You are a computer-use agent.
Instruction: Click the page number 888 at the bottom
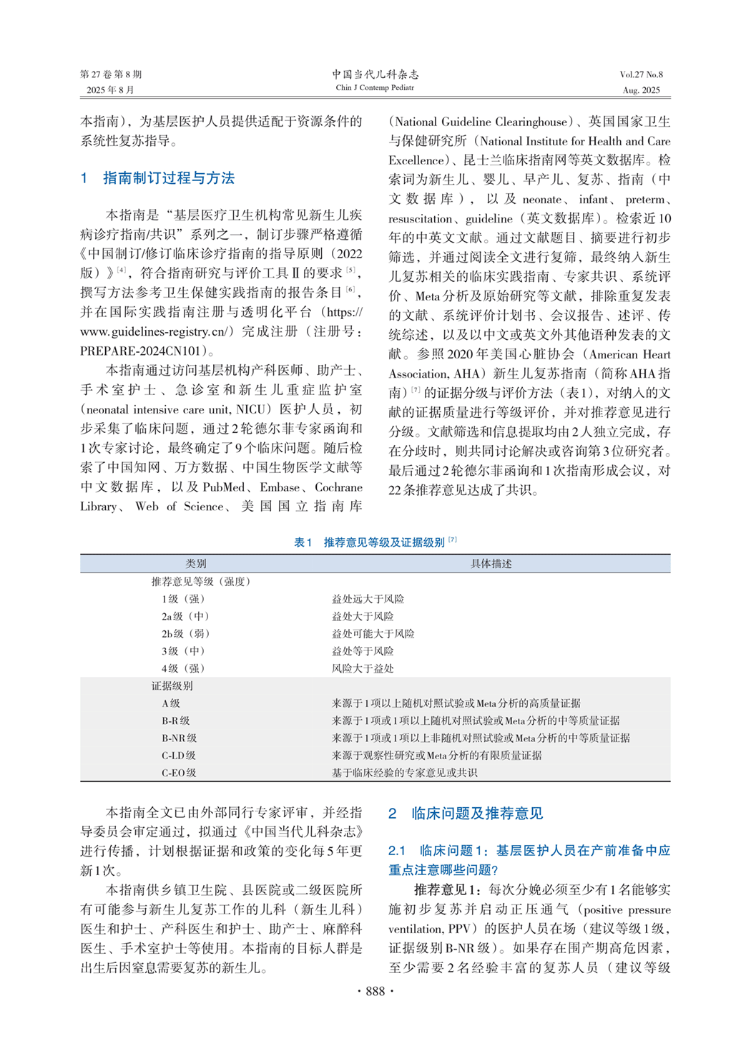coord(375,991)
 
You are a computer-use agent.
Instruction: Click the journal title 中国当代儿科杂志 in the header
coord(375,74)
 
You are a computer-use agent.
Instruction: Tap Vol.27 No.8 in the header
coord(641,74)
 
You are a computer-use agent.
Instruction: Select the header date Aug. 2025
coord(642,90)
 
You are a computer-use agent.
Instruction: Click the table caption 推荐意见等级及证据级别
coord(384,542)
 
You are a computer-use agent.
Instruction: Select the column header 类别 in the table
coord(195,564)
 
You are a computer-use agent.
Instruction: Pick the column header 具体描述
coord(491,564)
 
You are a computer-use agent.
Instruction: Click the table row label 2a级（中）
coord(185,616)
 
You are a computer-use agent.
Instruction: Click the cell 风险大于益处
coord(363,668)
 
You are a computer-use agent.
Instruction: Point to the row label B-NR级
coord(179,738)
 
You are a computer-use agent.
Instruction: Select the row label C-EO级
coord(179,773)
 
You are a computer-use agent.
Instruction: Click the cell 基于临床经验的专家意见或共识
coord(404,773)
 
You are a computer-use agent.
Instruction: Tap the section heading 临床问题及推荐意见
coord(476,814)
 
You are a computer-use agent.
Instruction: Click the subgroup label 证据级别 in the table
coord(172,685)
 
